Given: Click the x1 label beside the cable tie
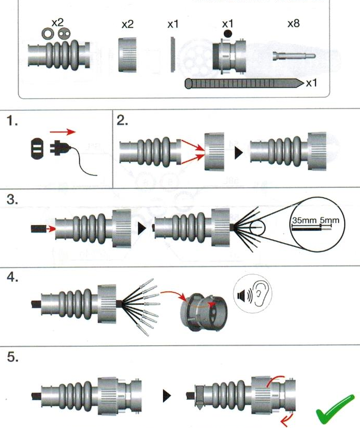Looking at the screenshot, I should coord(312,83).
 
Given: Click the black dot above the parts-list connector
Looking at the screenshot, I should coord(227,34).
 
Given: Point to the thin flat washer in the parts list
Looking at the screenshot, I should coord(173,54).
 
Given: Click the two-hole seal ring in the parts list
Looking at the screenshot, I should coord(65,34).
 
